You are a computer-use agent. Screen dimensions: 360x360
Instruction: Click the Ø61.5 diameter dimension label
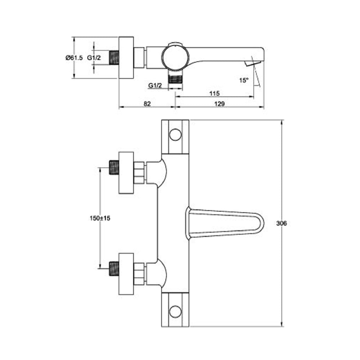point(74,58)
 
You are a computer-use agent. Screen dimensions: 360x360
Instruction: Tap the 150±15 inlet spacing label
point(100,218)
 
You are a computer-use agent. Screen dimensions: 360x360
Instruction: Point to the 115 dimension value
point(214,94)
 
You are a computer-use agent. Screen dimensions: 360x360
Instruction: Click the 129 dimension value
point(220,104)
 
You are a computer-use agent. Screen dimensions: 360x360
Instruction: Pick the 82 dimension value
point(147,104)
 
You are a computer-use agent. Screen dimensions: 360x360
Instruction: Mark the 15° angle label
point(244,80)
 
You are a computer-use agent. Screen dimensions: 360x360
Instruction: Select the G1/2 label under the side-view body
point(155,85)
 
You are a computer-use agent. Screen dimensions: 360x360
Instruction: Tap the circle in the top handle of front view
point(175,134)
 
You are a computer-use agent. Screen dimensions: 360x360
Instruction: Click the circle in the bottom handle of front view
point(175,310)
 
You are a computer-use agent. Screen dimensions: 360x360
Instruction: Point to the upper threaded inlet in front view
point(114,167)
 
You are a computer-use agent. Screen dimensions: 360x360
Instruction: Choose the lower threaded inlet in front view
point(114,269)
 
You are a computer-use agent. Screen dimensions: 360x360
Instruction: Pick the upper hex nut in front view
point(139,173)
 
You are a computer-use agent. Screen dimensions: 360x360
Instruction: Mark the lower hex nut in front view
point(139,274)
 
